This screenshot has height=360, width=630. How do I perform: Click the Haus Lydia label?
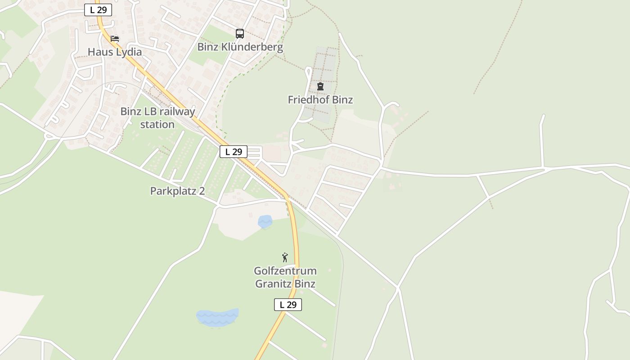pos(114,52)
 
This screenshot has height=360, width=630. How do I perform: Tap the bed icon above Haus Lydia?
pos(115,39)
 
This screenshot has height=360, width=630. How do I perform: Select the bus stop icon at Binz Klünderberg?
pos(240,33)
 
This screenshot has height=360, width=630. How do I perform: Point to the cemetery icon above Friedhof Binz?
pos(320,86)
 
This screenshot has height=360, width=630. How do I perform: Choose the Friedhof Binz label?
pos(320,100)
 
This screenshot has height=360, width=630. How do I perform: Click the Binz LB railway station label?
pos(157,117)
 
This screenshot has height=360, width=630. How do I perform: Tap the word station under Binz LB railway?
pos(157,124)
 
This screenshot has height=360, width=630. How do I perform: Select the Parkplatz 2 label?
pos(177,191)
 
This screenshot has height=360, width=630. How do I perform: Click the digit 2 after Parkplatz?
pos(202,191)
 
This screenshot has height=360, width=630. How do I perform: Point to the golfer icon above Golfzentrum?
pos(284,257)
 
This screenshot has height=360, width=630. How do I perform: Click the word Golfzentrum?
pos(285,271)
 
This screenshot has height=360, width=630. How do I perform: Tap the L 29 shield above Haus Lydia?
pos(98,10)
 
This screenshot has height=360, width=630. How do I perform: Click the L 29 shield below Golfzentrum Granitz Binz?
pos(288,305)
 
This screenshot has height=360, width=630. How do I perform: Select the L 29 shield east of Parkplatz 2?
pos(234,152)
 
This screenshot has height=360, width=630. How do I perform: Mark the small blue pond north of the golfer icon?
pos(265,221)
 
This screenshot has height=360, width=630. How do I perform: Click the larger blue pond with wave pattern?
pos(218,317)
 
